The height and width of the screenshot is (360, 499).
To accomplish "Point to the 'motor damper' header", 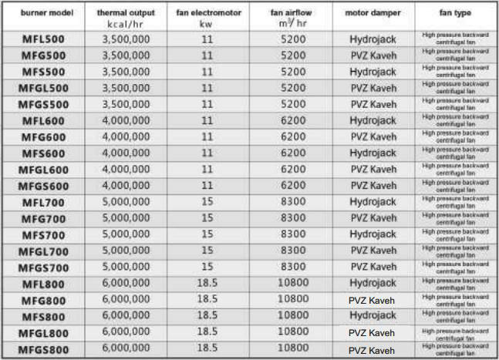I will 373,13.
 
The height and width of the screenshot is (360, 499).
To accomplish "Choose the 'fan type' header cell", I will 455,13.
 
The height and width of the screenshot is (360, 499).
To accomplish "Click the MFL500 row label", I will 44,39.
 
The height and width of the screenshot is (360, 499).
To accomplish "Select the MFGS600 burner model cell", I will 44,186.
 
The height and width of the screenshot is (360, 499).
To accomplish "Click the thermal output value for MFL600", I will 126,120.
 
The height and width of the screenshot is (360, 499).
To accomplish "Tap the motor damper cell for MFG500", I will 373,56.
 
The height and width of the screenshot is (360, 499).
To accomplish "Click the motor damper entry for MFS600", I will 373,153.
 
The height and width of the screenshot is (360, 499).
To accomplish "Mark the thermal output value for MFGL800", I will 126,331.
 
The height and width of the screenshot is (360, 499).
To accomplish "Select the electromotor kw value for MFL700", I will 207,202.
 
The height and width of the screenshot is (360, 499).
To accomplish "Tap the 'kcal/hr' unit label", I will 126,23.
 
